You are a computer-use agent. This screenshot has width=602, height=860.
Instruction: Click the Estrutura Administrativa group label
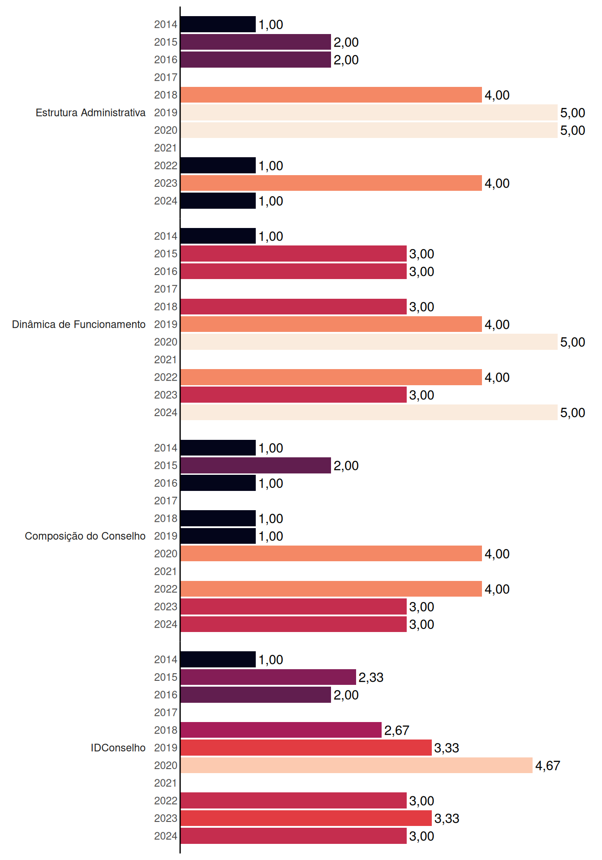point(90,112)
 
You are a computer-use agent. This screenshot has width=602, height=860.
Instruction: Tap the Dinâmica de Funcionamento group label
point(79,324)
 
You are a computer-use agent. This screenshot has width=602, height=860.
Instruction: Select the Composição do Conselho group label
point(85,536)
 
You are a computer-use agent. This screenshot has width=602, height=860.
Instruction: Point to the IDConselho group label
point(118,748)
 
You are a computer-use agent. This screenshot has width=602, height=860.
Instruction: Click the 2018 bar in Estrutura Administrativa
point(331,95)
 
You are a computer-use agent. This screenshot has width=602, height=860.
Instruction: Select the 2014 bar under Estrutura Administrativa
point(218,24)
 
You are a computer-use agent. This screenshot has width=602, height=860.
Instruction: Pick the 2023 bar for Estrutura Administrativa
point(331,183)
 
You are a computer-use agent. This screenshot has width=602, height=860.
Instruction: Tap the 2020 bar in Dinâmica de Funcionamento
point(369,342)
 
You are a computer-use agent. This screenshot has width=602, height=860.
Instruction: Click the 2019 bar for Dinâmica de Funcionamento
point(331,324)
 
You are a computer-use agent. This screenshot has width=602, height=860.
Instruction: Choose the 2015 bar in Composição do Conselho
point(256,465)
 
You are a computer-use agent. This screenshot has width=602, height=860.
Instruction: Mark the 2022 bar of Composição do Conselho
point(331,589)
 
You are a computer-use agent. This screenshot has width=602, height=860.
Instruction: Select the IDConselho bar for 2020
point(357,765)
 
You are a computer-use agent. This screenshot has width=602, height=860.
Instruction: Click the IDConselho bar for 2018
point(281,730)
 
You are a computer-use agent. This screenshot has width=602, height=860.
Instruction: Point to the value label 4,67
point(548,766)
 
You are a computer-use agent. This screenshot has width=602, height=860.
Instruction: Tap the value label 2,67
point(397,731)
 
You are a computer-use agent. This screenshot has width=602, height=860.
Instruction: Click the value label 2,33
point(371,678)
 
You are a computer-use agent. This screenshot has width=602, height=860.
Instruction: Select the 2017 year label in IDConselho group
point(166,713)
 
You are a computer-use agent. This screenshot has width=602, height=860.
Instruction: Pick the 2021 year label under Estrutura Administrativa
point(166,148)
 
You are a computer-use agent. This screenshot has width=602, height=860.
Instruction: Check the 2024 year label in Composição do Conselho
point(166,624)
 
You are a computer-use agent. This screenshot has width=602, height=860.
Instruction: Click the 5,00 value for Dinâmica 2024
point(573,413)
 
